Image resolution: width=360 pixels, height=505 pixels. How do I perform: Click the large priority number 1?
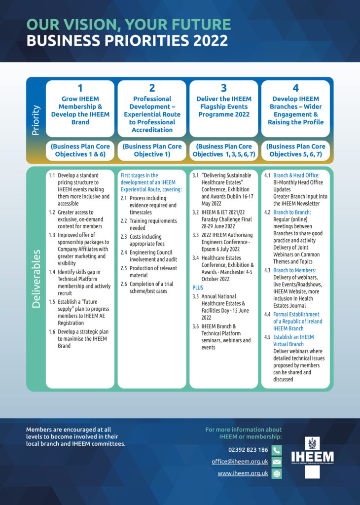80,88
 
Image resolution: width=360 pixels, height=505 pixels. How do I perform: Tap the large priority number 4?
295,88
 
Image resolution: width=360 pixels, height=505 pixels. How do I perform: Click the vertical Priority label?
36,120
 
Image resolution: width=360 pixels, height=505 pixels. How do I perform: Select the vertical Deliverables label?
36,279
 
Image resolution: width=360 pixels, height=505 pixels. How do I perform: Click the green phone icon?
277,450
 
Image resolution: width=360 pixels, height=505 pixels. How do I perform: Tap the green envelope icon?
277,462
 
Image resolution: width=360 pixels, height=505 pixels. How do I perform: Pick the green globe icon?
277,474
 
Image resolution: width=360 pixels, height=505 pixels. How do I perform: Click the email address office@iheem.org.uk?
240,462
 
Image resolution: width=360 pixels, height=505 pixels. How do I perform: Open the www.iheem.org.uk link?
243,473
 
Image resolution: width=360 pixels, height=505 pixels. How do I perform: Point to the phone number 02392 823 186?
248,450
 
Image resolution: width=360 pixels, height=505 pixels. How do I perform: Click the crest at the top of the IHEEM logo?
312,443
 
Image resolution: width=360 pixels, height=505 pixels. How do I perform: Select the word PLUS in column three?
198,288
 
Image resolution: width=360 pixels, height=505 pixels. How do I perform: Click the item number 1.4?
52,272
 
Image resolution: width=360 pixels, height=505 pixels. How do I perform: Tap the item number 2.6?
124,284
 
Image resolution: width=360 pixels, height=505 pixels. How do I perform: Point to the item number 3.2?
196,212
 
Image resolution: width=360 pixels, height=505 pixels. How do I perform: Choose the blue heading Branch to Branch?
292,212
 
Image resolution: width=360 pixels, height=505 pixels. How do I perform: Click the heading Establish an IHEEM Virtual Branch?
293,340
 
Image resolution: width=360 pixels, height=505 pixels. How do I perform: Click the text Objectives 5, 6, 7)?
295,154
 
